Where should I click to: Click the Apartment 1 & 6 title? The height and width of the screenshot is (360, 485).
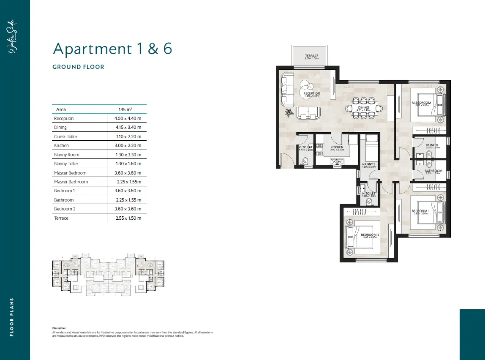point(112,49)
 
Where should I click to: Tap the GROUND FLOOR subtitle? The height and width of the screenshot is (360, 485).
point(78,67)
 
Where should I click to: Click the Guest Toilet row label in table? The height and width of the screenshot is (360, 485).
point(66,136)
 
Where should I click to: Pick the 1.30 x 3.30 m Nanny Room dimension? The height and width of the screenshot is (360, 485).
point(128,155)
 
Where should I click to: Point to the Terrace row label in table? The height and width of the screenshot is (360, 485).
point(61,218)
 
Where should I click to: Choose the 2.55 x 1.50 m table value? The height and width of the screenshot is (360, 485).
point(128,218)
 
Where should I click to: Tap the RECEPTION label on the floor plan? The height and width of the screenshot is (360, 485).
point(312,94)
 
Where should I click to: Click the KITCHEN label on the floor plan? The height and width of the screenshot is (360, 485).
point(337,147)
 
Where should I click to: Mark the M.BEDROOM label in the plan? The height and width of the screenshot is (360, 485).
point(421,103)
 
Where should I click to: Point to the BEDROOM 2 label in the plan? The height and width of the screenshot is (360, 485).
point(370,235)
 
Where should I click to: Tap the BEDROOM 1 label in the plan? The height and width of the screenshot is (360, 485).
point(421,211)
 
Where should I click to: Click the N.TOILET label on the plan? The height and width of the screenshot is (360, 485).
point(368,194)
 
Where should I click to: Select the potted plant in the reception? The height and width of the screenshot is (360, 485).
point(289,112)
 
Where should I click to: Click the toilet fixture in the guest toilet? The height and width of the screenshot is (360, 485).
point(305,161)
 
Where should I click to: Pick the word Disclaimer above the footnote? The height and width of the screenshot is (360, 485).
point(59,328)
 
